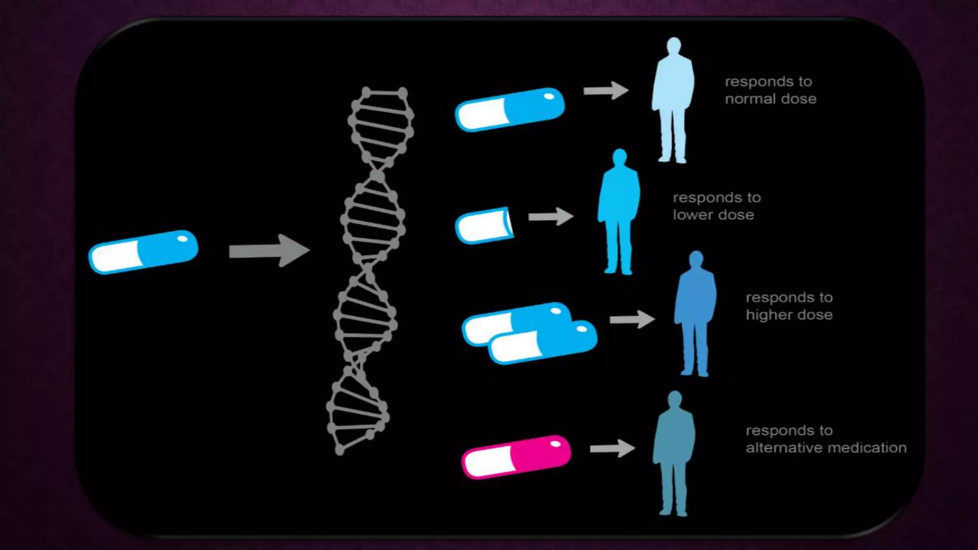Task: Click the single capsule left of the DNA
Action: [x=143, y=252]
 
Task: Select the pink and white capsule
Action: [x=516, y=456]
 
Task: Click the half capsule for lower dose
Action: [x=484, y=225]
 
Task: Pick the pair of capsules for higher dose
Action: [x=530, y=333]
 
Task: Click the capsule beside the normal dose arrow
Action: [x=510, y=109]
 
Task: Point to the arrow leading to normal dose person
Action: [x=606, y=91]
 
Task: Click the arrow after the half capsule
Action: [x=551, y=216]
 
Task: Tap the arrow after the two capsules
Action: [x=632, y=319]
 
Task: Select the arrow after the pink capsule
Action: [x=612, y=448]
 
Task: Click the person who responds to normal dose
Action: [x=673, y=100]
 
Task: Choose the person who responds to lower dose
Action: [x=619, y=212]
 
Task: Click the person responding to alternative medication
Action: [x=674, y=454]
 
